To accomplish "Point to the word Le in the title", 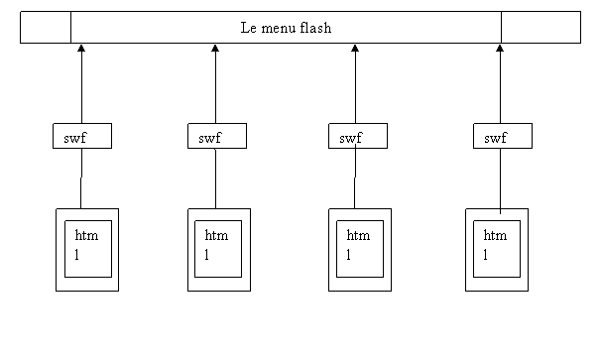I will coord(249,28).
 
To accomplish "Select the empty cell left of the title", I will coord(46,28).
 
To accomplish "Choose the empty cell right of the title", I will coord(540,28).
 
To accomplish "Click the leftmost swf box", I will coord(81,137).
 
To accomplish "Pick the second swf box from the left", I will coord(216,137).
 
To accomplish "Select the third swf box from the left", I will coord(357,137).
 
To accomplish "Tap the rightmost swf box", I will coord(502,137).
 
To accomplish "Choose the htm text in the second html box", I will coord(216,236).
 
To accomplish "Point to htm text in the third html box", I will coord(358,236).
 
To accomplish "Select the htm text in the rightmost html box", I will coord(495,236).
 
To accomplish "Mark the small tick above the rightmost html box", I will coord(500,211).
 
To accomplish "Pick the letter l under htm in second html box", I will coord(207,255).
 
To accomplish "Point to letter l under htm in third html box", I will coord(349,255).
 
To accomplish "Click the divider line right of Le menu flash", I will coord(501,28).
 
